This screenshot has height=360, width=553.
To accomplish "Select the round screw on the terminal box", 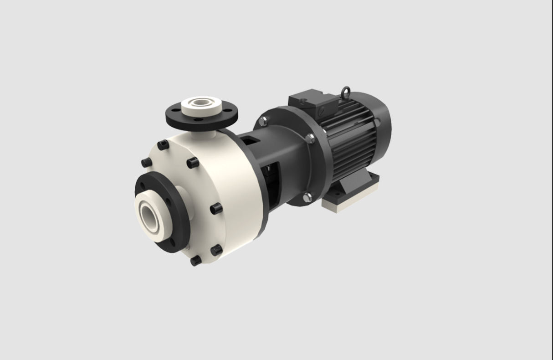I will click(322, 110).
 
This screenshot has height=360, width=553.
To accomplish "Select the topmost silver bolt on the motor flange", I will click(262, 121).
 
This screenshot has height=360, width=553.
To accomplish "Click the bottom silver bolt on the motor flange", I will click(308, 196).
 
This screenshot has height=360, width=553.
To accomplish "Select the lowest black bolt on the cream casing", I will click(195, 261).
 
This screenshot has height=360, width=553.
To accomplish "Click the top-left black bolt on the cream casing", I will click(162, 145).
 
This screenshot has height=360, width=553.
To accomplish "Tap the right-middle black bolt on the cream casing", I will click(216, 209).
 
